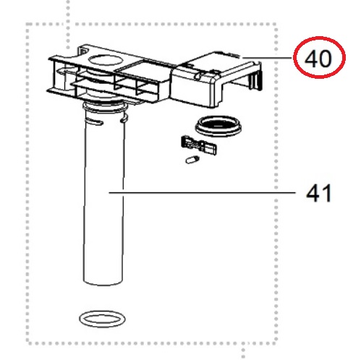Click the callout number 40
(318, 59)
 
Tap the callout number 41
(319, 193)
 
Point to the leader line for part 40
(267, 58)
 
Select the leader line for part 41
(202, 192)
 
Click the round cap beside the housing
(218, 126)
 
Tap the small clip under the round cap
(199, 146)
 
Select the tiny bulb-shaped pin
(192, 160)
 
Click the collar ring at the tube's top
(105, 106)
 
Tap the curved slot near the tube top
(93, 121)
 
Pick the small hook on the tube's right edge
(124, 119)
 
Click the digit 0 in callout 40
(324, 59)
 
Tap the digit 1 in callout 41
(326, 194)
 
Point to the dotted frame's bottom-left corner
(28, 341)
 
